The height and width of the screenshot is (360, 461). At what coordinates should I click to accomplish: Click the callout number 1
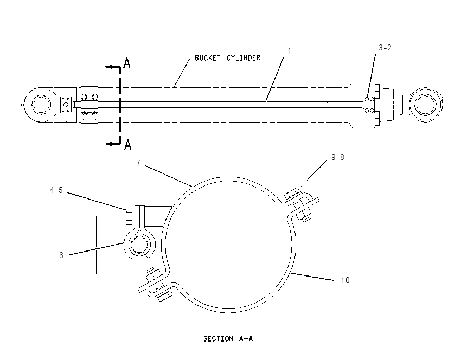click(x=289, y=51)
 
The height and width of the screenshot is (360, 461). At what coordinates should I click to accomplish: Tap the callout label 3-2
click(x=385, y=48)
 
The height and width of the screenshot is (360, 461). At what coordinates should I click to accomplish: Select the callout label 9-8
click(x=337, y=157)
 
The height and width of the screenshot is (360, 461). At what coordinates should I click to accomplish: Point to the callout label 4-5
click(x=56, y=190)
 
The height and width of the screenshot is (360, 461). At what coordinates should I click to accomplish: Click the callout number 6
click(x=61, y=255)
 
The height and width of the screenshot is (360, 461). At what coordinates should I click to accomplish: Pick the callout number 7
click(x=138, y=163)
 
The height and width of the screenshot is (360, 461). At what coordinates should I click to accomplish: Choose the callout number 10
click(x=345, y=280)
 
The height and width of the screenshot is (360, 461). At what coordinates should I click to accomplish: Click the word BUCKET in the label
click(x=208, y=57)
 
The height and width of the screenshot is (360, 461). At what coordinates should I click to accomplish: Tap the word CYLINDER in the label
click(x=244, y=57)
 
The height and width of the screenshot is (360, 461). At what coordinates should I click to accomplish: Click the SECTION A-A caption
click(x=228, y=339)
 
